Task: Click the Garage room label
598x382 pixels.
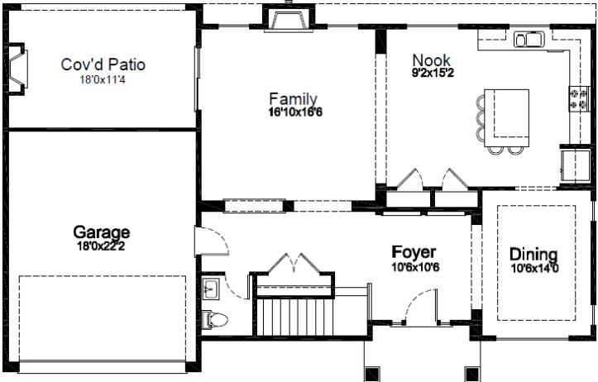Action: click(102, 232)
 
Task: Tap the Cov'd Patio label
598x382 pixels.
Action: click(103, 64)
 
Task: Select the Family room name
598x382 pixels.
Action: click(293, 99)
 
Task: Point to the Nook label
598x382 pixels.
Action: click(432, 60)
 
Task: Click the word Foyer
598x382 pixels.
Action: click(414, 252)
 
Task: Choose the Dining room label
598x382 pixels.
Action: click(533, 254)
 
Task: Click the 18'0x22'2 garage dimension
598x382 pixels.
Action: click(101, 246)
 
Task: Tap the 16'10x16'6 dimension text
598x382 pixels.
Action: click(295, 112)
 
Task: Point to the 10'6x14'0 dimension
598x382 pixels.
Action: click(534, 269)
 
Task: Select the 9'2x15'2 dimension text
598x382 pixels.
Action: click(433, 73)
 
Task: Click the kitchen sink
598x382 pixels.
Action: click(529, 39)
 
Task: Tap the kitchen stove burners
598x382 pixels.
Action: click(578, 98)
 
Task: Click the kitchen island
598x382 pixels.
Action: click(506, 118)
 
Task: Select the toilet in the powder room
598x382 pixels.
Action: click(214, 319)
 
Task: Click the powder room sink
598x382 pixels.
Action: click(210, 289)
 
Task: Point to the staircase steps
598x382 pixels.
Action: click(295, 317)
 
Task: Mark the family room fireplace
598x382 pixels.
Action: click(289, 18)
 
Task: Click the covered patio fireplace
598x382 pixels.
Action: click(16, 68)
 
